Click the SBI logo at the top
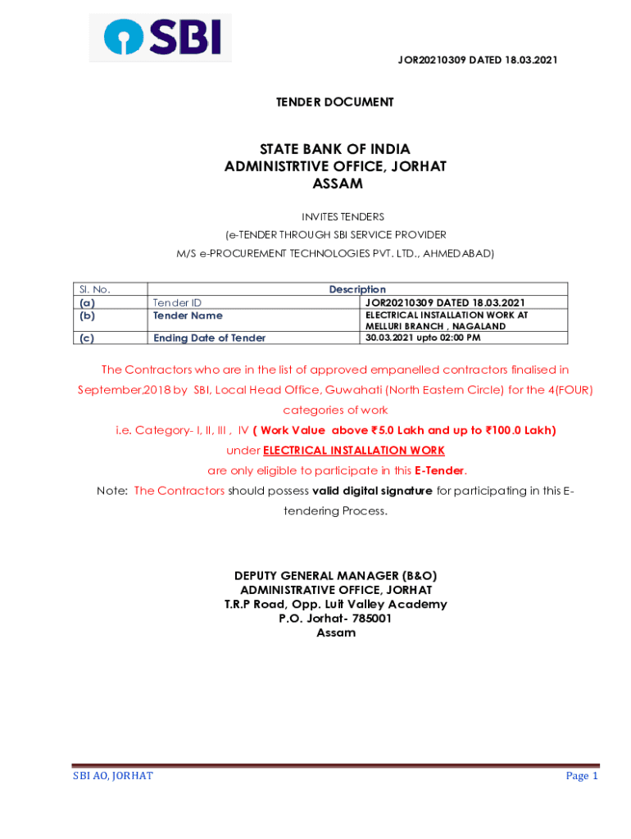coord(161,38)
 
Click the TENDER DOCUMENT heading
coord(334,102)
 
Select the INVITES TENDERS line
coord(336,216)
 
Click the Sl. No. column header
coord(94,289)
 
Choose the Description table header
coord(357,289)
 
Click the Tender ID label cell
coord(177,302)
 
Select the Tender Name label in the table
coord(188,315)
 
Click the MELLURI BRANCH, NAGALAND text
coord(424,326)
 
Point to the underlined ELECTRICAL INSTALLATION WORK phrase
coord(354,451)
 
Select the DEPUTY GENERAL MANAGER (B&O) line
coord(335,576)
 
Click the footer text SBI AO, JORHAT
coord(113,776)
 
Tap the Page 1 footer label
coord(582,776)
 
